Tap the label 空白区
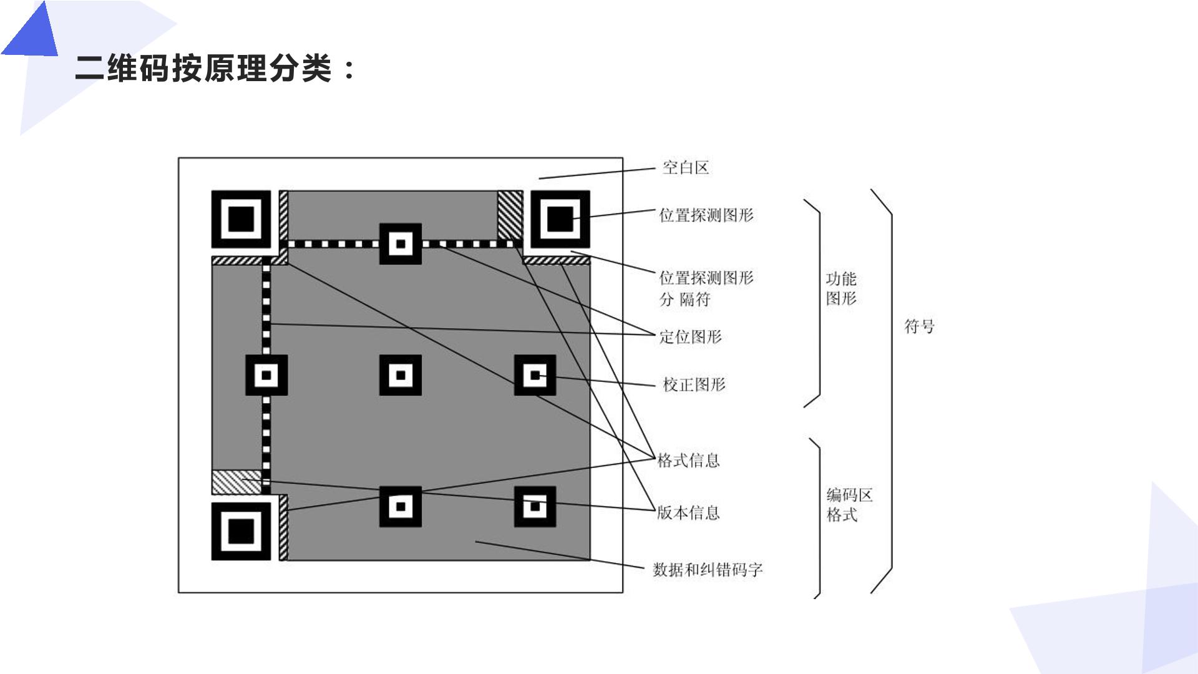686,167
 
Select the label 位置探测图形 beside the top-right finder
706,215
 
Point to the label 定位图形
691,337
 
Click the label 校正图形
694,384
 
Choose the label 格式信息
689,461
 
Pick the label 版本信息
689,513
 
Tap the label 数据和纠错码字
708,570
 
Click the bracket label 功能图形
841,288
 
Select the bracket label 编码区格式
849,505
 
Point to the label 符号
920,326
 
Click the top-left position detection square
241,219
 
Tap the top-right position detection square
560,219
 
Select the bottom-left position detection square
241,531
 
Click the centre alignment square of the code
401,375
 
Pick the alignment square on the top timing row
401,243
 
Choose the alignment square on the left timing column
266,375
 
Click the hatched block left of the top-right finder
510,215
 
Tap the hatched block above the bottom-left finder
236,482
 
